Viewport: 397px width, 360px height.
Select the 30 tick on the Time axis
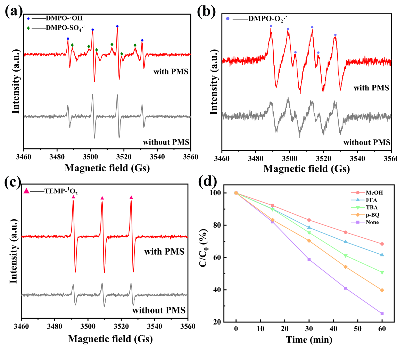coord(309,329)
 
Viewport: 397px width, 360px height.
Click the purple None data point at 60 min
coord(382,313)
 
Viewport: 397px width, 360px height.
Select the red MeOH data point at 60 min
coord(382,244)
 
